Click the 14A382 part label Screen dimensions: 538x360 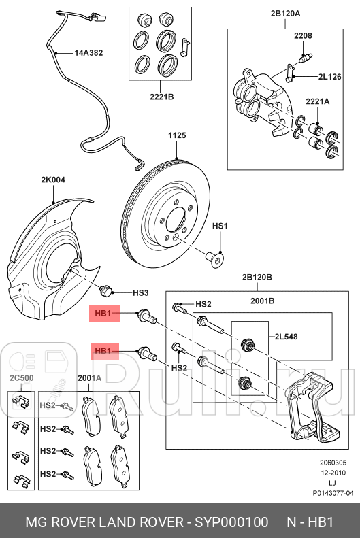88,52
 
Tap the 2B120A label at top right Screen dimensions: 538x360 284,13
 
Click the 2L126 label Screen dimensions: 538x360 329,78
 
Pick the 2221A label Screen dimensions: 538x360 318,101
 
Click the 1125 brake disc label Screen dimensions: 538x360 177,136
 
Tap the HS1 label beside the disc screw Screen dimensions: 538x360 220,226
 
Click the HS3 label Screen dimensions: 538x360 140,292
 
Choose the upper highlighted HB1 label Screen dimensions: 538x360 103,314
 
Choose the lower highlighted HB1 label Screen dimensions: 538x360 103,351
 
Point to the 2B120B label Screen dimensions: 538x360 257,277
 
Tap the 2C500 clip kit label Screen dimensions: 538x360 20,377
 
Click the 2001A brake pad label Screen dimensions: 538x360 89,377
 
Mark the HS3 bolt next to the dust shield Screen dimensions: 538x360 105,291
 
